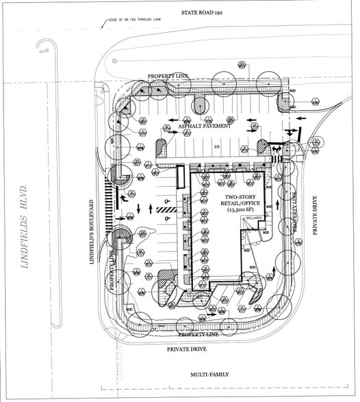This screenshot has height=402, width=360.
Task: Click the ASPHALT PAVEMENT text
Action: pos(204,126)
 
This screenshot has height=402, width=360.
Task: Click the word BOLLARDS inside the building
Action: pos(255,219)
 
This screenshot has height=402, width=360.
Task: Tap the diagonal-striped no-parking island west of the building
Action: pos(166,209)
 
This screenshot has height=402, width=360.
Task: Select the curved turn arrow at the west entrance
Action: pos(124,199)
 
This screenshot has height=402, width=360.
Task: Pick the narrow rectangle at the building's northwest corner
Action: pos(180,178)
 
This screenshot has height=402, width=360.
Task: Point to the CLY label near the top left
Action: pos(42,51)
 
